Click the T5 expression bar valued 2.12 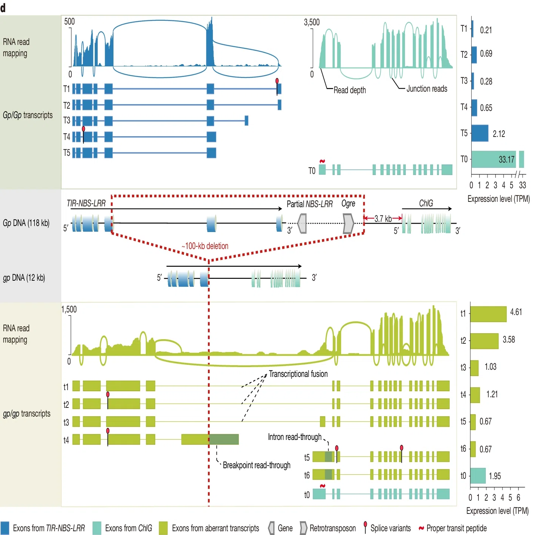480,133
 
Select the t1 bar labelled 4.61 488,314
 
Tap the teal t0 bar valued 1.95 478,476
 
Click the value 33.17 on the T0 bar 506,159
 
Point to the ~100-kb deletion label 205,246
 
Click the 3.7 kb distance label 383,219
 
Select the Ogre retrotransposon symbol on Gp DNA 349,223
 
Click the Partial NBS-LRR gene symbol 302,223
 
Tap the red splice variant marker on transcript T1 277,81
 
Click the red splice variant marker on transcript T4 83,129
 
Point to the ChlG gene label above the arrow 426,203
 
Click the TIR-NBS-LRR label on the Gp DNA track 86,203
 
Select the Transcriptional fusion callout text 298,374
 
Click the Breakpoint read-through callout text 257,465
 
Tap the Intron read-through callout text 295,437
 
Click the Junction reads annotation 427,89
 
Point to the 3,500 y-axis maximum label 312,22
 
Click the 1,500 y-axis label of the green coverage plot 69,309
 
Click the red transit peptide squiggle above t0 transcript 322,486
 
